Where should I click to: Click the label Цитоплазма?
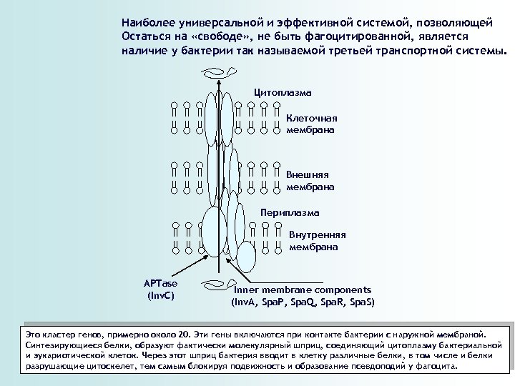(x=283, y=93)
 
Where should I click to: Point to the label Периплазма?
(x=290, y=213)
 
